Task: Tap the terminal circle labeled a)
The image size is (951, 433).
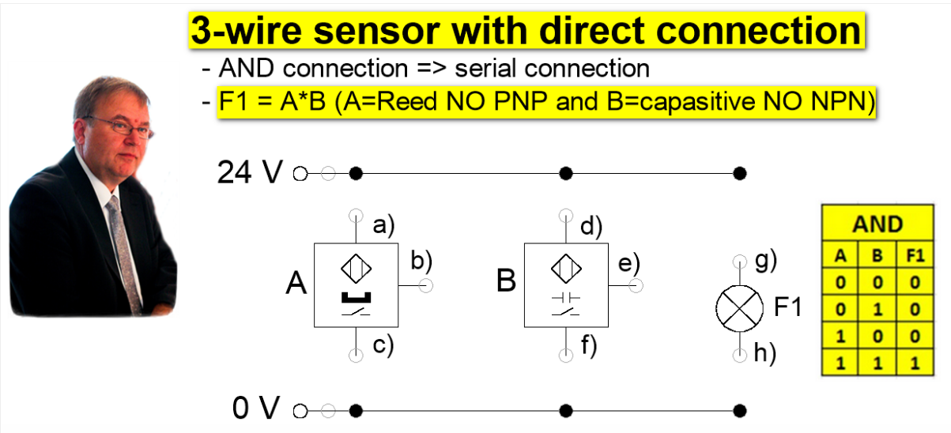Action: [x=356, y=215]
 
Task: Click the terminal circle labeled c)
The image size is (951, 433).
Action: [x=356, y=356]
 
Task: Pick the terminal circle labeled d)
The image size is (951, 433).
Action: [x=565, y=215]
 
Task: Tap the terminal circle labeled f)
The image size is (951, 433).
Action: [x=565, y=356]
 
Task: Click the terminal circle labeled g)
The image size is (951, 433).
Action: [x=740, y=261]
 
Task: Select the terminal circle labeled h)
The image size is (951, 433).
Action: [x=740, y=355]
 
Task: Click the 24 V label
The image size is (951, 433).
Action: [x=249, y=173]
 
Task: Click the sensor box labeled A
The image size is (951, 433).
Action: [x=355, y=284]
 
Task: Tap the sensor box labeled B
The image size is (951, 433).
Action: [x=565, y=284]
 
